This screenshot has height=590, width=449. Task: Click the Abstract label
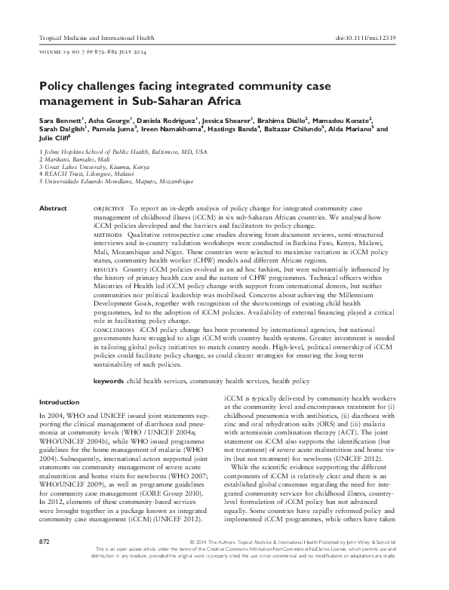(x=53, y=207)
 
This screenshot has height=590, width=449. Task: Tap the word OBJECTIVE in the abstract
(x=109, y=207)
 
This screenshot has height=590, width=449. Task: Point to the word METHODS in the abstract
(x=106, y=235)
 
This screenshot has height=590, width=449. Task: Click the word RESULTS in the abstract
(x=105, y=269)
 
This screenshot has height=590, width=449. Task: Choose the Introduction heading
(x=59, y=402)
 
